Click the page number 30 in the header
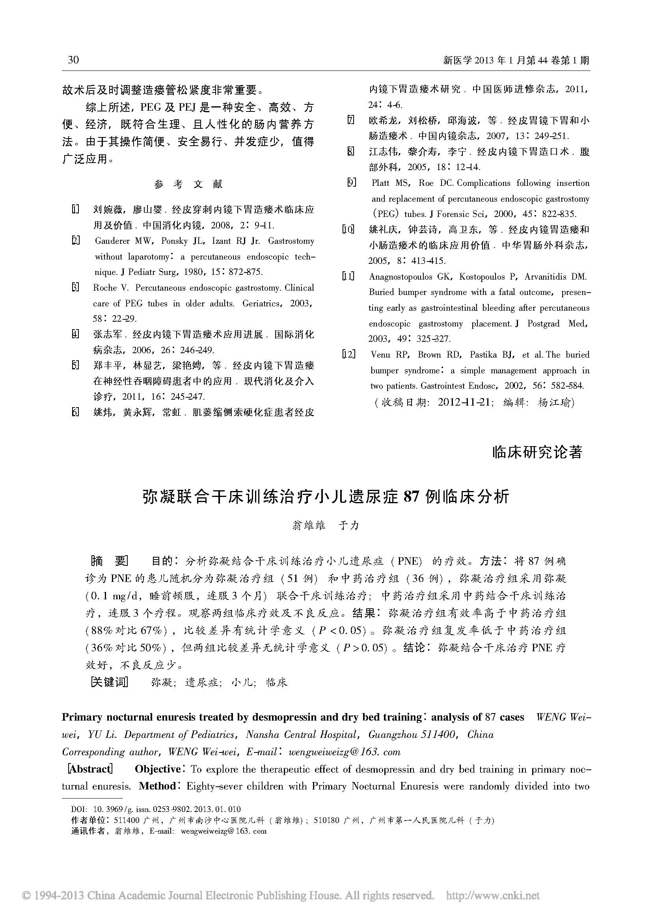click(73, 60)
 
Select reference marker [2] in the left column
click(75, 241)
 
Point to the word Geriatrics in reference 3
click(263, 304)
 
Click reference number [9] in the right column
click(351, 183)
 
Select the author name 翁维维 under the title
click(309, 526)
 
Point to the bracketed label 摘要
click(110, 561)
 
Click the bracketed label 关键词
click(109, 682)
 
